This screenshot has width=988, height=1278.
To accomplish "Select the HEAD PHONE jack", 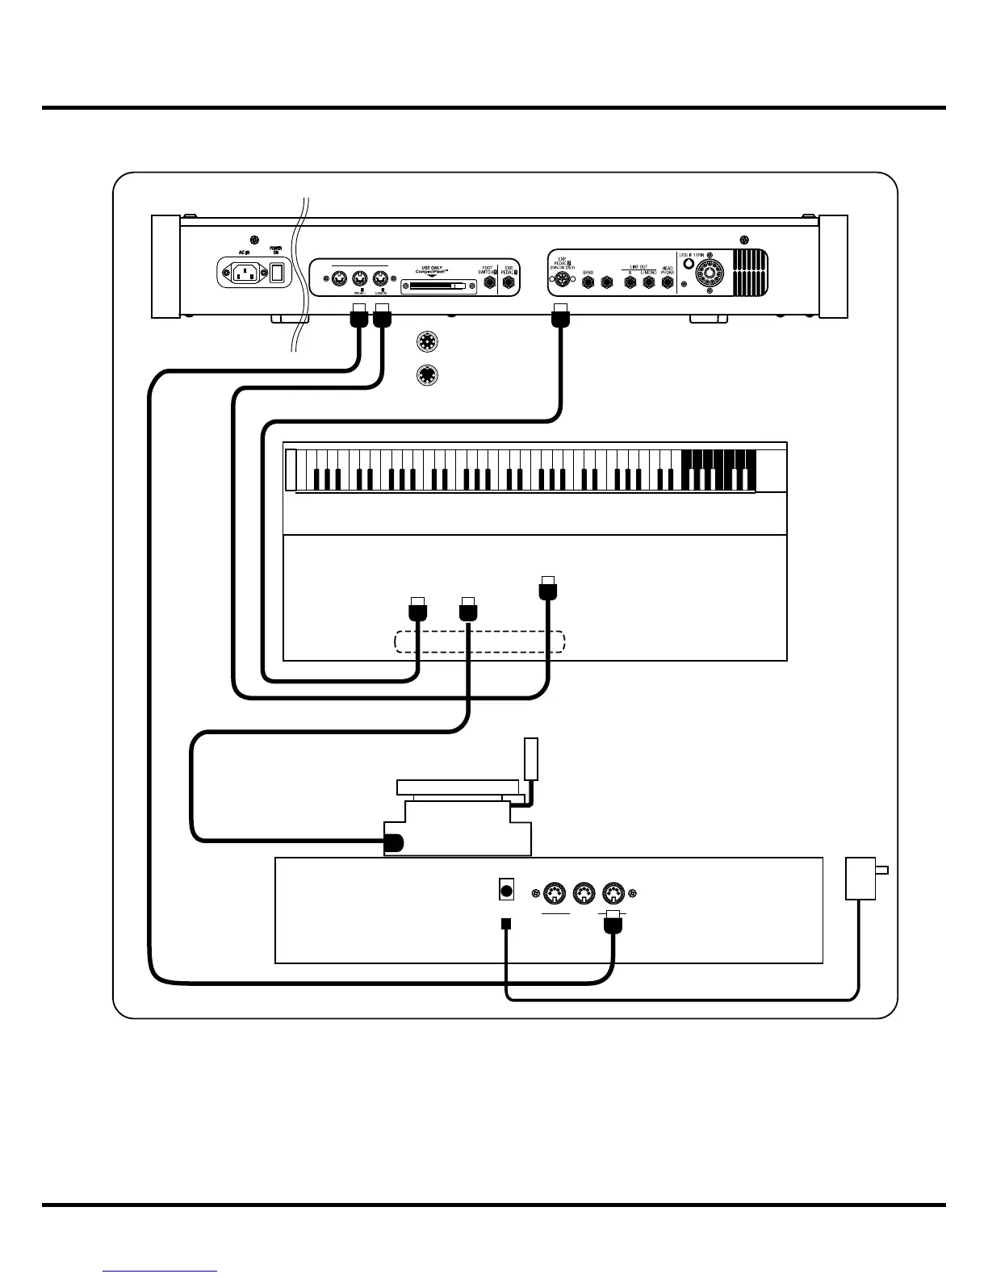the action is [x=668, y=282].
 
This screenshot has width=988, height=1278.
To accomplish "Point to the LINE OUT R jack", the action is [x=630, y=282].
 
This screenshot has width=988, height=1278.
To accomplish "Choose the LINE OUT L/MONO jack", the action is [x=648, y=282].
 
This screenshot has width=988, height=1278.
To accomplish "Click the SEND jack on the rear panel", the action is [x=588, y=282].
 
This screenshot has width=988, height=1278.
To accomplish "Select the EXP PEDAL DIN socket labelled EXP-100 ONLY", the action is [x=561, y=282].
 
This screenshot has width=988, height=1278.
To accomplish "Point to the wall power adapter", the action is [x=861, y=879].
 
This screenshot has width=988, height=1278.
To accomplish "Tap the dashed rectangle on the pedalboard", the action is [x=479, y=642].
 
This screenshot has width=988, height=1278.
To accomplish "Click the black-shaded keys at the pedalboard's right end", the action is [x=719, y=470].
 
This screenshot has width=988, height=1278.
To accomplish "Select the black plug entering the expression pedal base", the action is [x=393, y=842].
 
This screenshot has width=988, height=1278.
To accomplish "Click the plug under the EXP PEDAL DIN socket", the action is [x=560, y=318].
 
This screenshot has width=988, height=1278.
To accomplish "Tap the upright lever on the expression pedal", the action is [x=530, y=758].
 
